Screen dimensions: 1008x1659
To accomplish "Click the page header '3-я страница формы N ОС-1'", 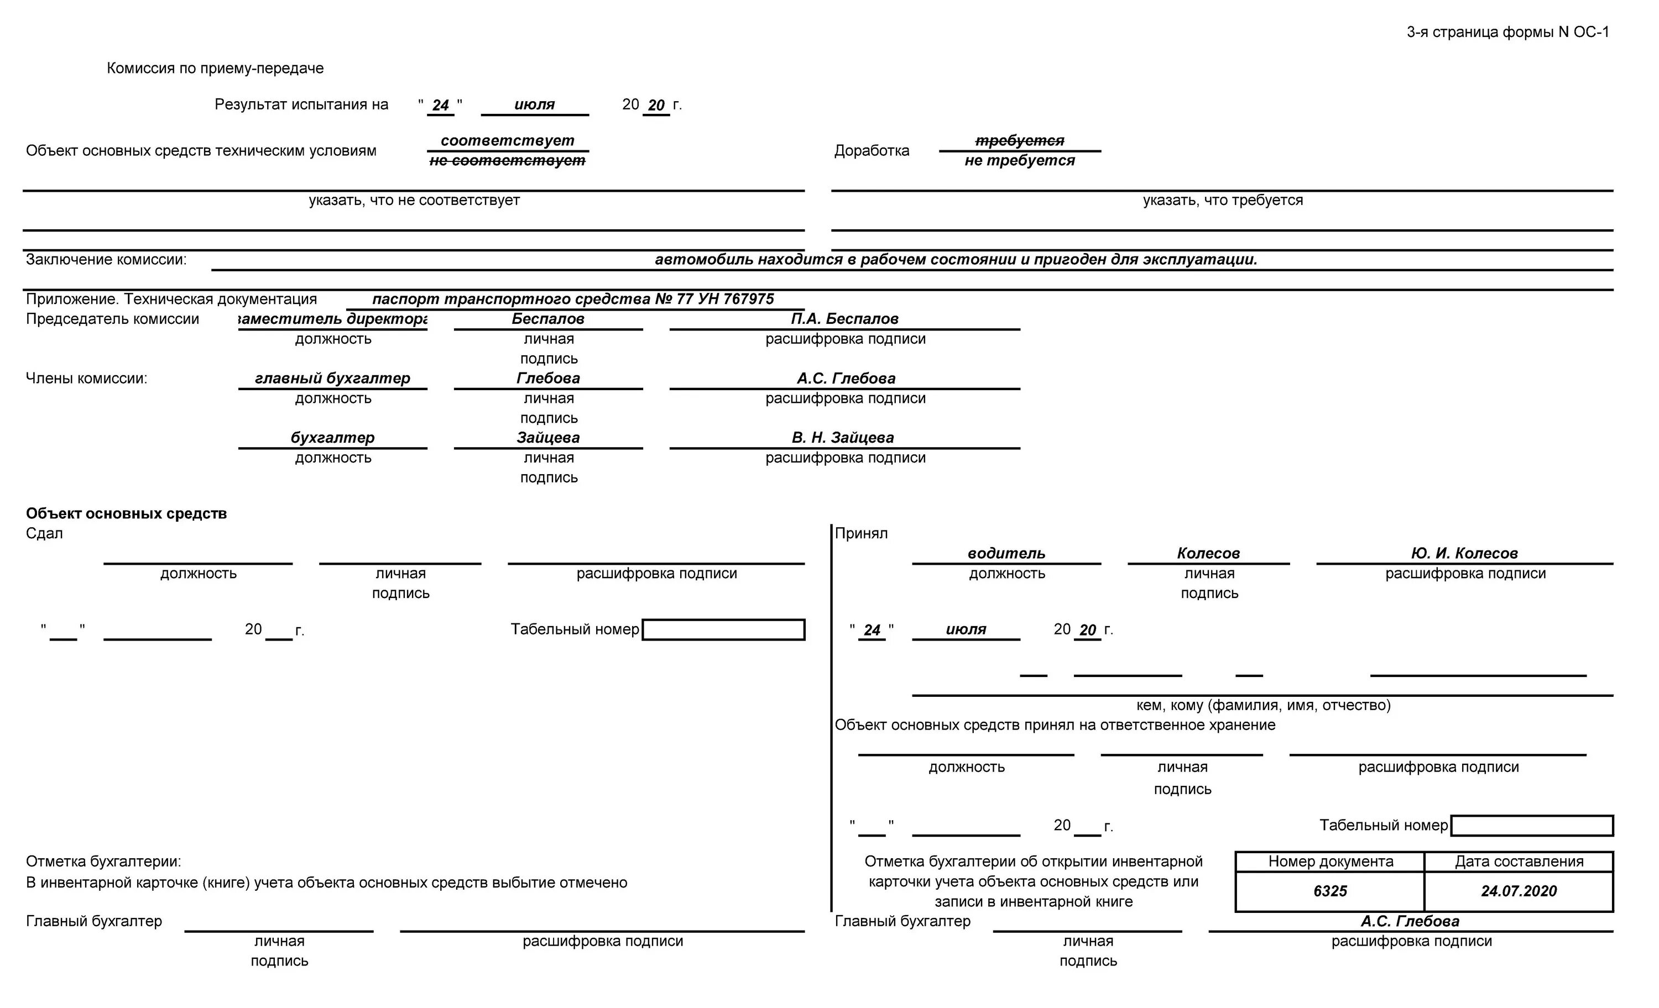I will click(x=1507, y=32).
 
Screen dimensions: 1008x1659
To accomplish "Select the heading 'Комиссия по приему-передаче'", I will click(x=215, y=68).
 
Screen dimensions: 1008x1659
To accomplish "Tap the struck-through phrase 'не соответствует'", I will click(x=507, y=161).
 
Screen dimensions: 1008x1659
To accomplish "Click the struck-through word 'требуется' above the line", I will click(x=1019, y=140).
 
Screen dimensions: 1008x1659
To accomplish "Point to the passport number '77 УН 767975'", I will click(x=725, y=299).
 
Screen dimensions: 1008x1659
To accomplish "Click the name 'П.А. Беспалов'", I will click(x=844, y=319).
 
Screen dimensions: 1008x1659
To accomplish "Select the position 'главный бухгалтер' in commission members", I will click(x=332, y=378).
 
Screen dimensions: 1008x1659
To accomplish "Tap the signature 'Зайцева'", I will click(x=548, y=437).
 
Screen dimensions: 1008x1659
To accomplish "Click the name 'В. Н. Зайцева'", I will click(x=843, y=437).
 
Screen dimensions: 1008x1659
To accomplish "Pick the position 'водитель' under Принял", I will click(x=1006, y=553).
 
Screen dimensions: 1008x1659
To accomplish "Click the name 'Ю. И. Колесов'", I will click(x=1464, y=553).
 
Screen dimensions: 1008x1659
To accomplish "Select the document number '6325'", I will click(x=1330, y=891).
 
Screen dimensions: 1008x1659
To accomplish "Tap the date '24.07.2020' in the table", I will click(x=1519, y=891).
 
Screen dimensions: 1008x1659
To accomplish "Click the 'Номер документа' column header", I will click(x=1330, y=862).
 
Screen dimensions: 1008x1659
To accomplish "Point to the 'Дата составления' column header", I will click(x=1519, y=862).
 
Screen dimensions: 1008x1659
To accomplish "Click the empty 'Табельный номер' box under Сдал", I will click(x=723, y=630).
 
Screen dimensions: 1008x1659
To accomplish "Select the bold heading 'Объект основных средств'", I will click(x=127, y=513).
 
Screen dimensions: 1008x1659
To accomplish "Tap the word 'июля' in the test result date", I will click(x=535, y=105).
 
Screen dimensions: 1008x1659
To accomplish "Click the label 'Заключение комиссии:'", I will click(x=106, y=260).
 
